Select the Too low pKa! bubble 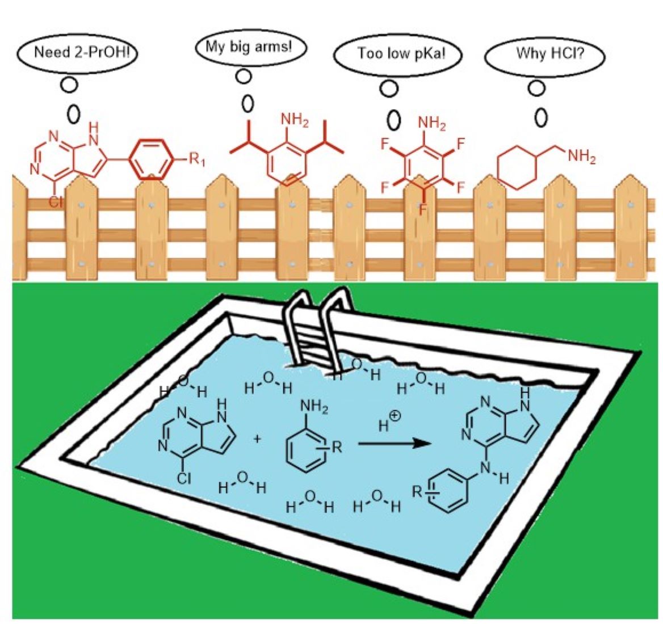[397, 54]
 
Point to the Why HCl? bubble [544, 55]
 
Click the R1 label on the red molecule [196, 161]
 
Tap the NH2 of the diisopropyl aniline [295, 121]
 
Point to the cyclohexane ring [517, 166]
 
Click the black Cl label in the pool [183, 478]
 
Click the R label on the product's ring [418, 492]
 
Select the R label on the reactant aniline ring [336, 446]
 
